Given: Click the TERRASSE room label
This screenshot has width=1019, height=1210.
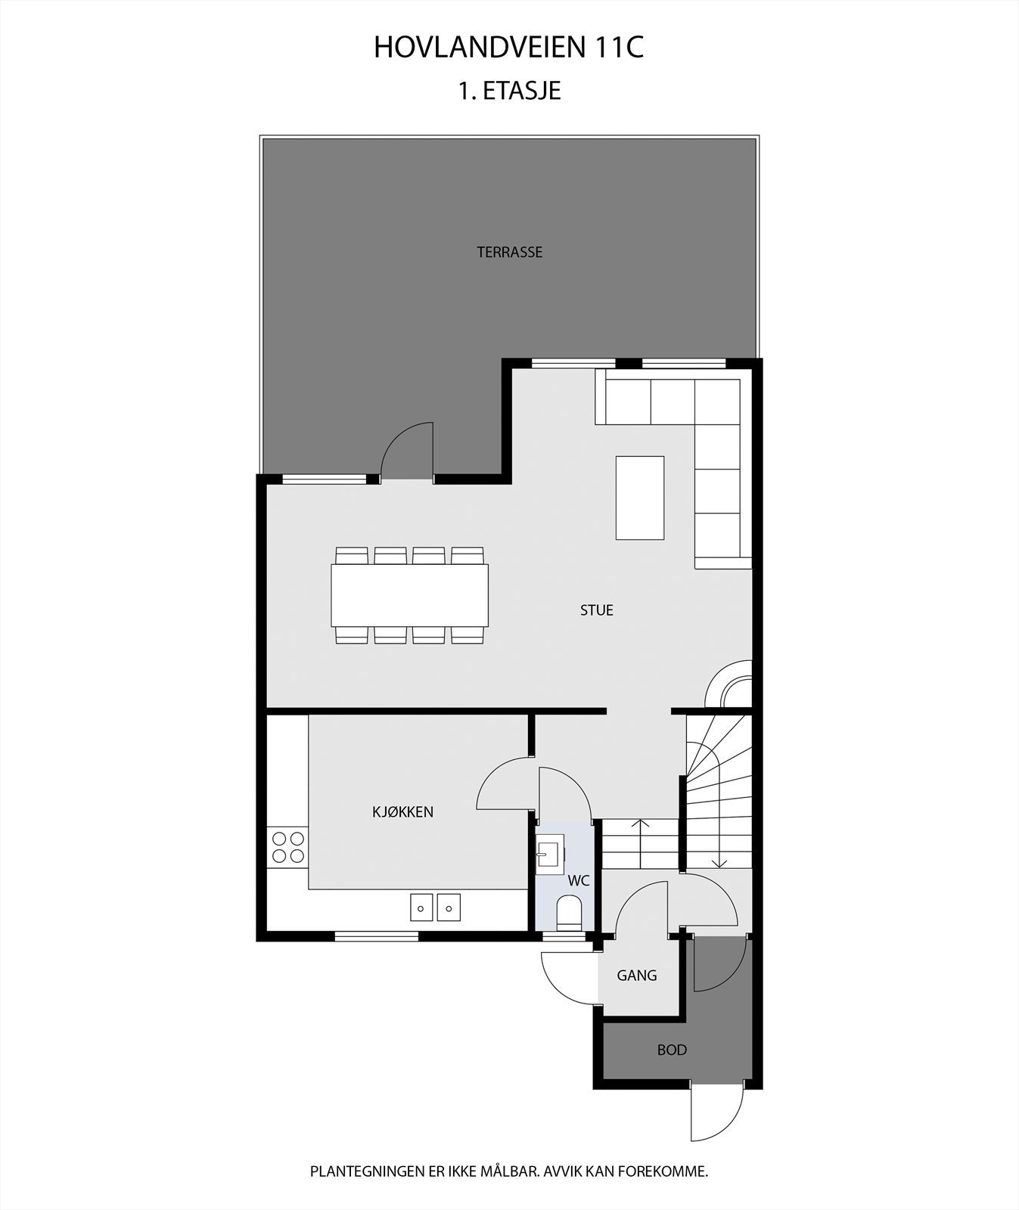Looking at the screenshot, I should click(509, 253).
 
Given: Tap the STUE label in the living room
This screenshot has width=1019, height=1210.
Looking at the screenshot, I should click(596, 610).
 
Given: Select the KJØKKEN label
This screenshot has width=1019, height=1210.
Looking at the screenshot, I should click(402, 812).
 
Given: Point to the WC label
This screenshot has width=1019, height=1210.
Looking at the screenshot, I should click(579, 881).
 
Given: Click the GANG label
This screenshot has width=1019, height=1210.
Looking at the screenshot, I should click(636, 976).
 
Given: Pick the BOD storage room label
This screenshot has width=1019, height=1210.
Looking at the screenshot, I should click(672, 1050).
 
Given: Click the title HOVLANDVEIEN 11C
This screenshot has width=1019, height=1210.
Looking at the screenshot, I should click(508, 48).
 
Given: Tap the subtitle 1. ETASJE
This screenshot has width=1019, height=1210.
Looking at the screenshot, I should click(508, 92).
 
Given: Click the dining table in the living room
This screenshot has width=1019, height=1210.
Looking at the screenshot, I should click(409, 595).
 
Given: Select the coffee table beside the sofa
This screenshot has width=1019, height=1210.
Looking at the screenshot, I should click(639, 498).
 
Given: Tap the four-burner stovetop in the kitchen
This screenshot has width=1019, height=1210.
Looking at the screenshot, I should click(287, 847).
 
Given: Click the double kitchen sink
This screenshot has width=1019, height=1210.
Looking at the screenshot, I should click(435, 907).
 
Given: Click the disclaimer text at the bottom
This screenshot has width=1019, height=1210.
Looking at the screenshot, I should click(508, 1172).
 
